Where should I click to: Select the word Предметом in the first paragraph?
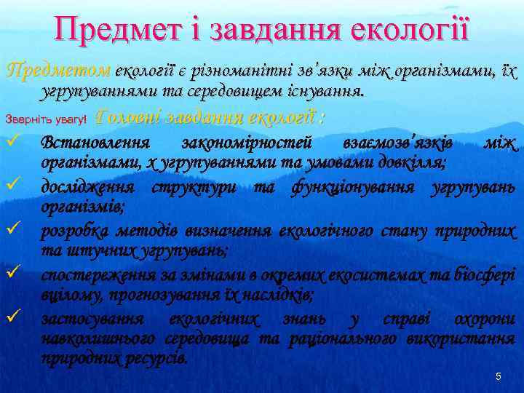click(x=57, y=72)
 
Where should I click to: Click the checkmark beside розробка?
click(x=12, y=232)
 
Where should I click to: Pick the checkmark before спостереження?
click(x=12, y=275)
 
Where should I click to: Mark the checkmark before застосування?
click(x=12, y=318)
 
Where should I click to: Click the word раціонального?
click(x=342, y=339)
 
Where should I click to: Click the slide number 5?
click(x=498, y=376)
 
